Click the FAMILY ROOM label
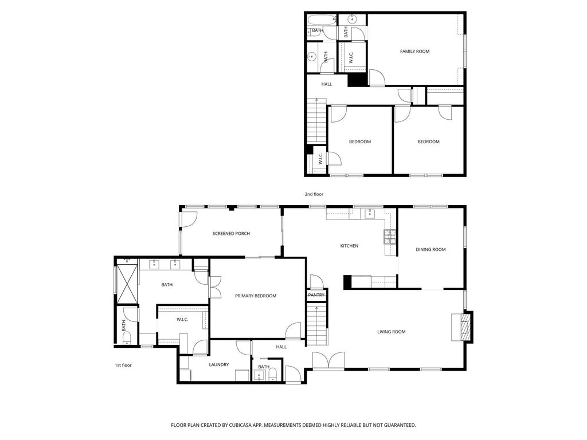point(414,51)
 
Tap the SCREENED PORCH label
point(231,234)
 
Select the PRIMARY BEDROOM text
point(256,296)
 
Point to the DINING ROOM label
point(431,250)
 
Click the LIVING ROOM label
point(391,332)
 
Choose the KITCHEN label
point(349,246)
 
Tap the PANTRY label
point(316,295)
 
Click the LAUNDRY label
point(218,365)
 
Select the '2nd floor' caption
point(314,194)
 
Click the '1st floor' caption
point(123,365)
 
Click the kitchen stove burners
point(390,237)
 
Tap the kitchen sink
point(370,214)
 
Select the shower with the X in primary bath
point(127,283)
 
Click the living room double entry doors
point(328,362)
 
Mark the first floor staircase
point(316,324)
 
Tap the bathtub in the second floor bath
point(322,20)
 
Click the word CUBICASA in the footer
point(245,425)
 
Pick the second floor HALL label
point(326,84)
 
